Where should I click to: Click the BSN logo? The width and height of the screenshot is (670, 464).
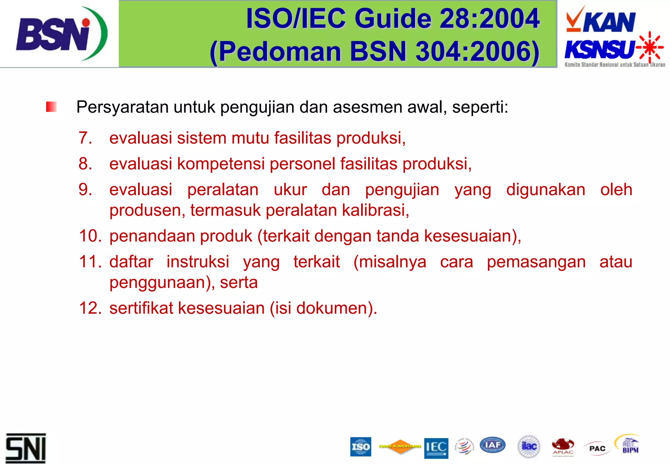(x=61, y=34)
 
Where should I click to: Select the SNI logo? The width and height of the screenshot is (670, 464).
(x=26, y=448)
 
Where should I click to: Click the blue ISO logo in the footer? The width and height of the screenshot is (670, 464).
(x=361, y=447)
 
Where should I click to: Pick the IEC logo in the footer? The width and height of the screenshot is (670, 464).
(x=436, y=448)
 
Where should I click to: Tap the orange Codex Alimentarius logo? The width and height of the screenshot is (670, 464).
(x=400, y=447)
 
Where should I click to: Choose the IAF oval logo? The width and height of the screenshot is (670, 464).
(x=492, y=445)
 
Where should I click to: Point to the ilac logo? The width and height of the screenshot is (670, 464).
(x=529, y=446)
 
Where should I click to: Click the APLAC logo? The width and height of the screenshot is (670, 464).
(x=563, y=447)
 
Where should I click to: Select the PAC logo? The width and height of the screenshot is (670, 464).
(x=597, y=448)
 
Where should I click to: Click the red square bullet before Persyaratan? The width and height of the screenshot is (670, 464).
(x=51, y=107)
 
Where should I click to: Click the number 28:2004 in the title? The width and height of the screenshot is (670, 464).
(x=489, y=19)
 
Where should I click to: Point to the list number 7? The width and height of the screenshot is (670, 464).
(x=85, y=138)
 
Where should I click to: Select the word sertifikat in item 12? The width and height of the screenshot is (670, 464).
(x=141, y=308)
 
